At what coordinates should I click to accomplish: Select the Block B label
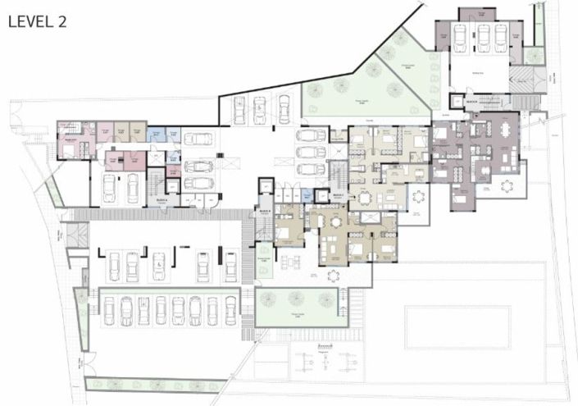click(264, 209)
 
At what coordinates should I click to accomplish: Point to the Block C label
click(339, 195)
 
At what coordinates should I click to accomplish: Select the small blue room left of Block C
click(306, 196)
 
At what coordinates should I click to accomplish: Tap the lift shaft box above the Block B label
click(264, 191)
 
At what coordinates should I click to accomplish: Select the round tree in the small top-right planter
click(534, 56)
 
